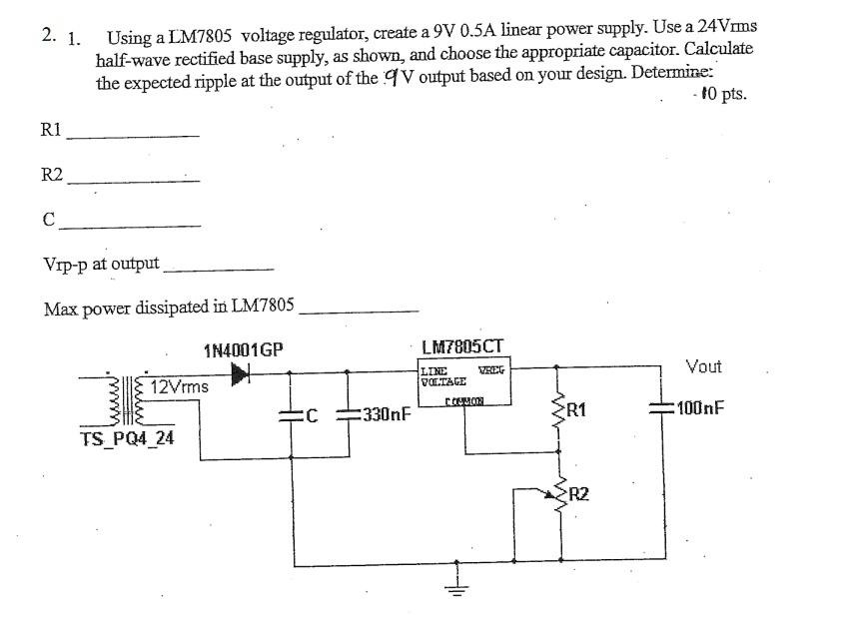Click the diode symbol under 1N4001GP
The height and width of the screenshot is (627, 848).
[x=241, y=372]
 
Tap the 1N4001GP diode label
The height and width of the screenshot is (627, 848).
[x=243, y=350]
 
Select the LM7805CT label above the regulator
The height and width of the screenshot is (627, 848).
[x=464, y=348]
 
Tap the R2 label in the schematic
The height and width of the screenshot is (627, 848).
[x=582, y=492]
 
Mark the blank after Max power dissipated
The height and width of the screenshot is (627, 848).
[x=360, y=312]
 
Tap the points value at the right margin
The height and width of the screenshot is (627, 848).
[x=721, y=96]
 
